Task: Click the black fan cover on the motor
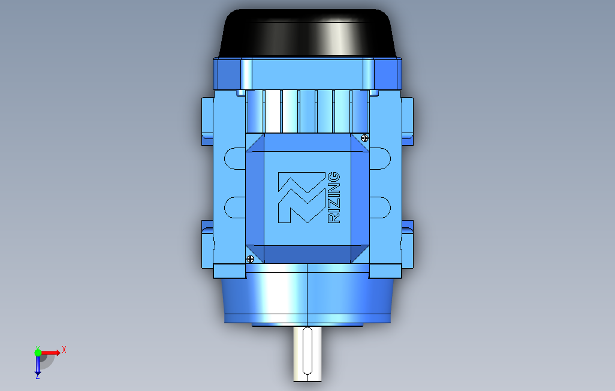point(307,34)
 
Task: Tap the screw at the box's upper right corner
point(364,138)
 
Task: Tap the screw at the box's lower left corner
point(250,258)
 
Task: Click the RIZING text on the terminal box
point(333,197)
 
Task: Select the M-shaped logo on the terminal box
point(302,197)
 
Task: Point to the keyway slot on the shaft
point(307,350)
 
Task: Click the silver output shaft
point(307,353)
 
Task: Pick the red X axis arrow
point(50,353)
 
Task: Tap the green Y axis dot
point(38,353)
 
